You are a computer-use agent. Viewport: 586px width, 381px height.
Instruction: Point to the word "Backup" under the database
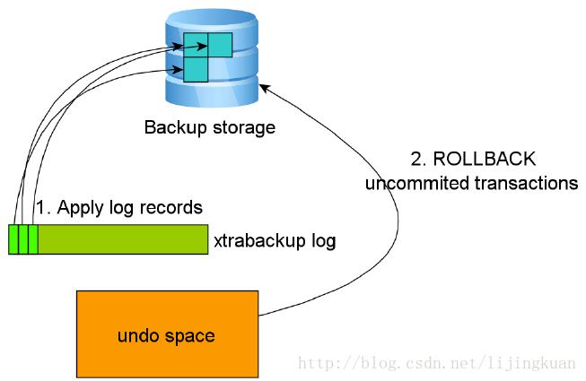pos(173,127)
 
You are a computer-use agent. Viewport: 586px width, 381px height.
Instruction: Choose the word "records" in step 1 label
pos(172,208)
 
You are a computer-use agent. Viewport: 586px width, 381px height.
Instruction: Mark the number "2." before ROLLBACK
pos(418,160)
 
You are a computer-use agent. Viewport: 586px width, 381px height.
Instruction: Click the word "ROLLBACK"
pos(485,160)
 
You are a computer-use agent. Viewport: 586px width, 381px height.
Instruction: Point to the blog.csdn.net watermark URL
pos(438,363)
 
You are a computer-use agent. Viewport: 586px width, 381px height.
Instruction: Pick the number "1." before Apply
pos(42,208)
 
